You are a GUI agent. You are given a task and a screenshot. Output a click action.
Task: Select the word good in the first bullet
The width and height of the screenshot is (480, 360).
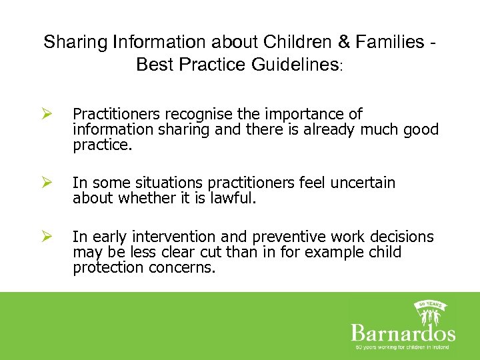419,129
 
